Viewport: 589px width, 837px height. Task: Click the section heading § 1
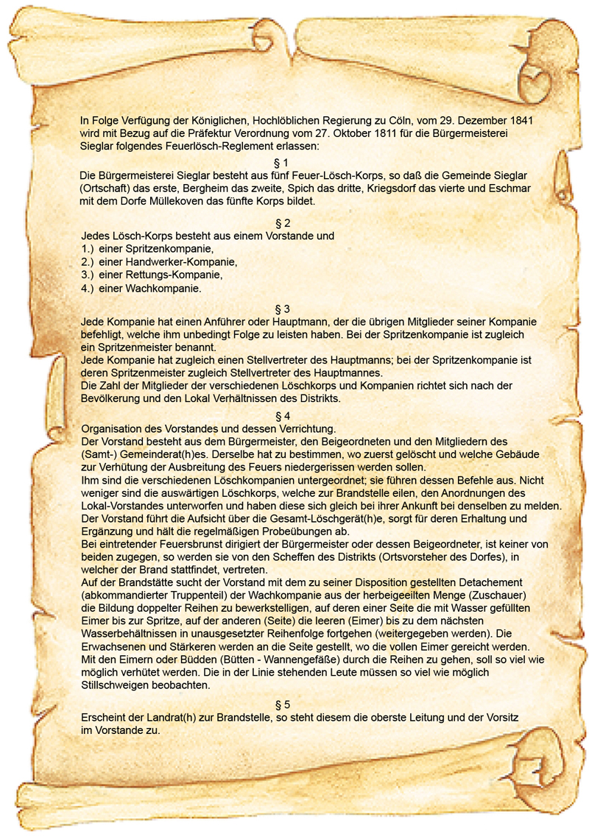click(281, 162)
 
